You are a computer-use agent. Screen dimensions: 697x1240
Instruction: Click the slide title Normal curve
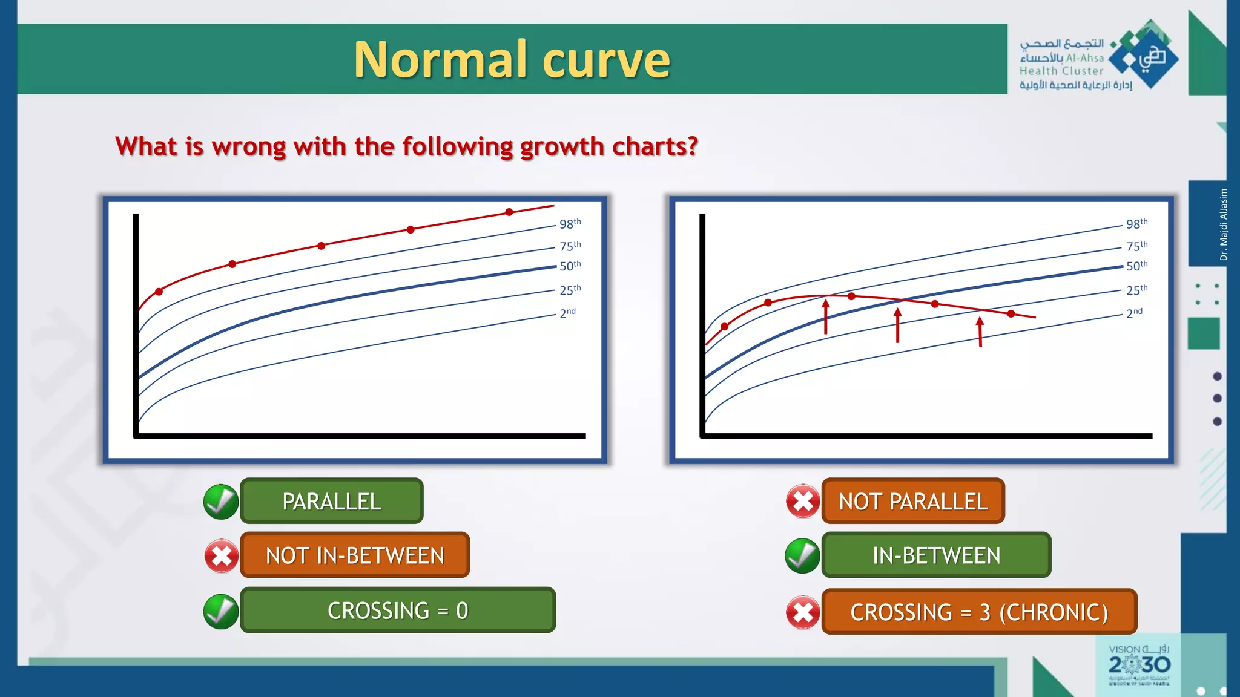click(x=512, y=59)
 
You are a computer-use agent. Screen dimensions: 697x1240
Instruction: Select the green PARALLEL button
click(x=331, y=501)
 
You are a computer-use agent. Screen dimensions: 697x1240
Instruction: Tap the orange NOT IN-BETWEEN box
click(x=355, y=555)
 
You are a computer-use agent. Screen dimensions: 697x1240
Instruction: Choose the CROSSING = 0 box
click(x=398, y=610)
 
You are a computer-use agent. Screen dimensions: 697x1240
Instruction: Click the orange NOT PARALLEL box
click(x=912, y=501)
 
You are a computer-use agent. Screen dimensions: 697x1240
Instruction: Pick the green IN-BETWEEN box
click(x=936, y=555)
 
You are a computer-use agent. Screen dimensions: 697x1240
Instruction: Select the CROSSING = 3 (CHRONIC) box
click(x=979, y=612)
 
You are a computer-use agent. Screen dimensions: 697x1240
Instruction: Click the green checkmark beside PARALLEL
click(x=221, y=502)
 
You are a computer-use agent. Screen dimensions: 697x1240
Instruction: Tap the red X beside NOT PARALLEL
click(x=803, y=502)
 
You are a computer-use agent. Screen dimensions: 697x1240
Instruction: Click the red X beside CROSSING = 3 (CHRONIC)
click(x=803, y=612)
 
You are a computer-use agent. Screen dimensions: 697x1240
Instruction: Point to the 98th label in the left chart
click(x=570, y=224)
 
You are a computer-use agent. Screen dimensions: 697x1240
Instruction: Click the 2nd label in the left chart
click(x=567, y=313)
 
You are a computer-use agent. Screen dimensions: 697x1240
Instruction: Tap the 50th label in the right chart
click(x=1136, y=266)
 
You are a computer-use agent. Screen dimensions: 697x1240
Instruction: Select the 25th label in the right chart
click(x=1136, y=290)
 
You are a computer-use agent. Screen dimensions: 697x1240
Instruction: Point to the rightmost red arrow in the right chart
click(x=980, y=332)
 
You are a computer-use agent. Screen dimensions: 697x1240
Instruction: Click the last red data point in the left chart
click(x=509, y=212)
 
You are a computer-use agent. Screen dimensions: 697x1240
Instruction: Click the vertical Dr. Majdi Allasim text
click(x=1224, y=224)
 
